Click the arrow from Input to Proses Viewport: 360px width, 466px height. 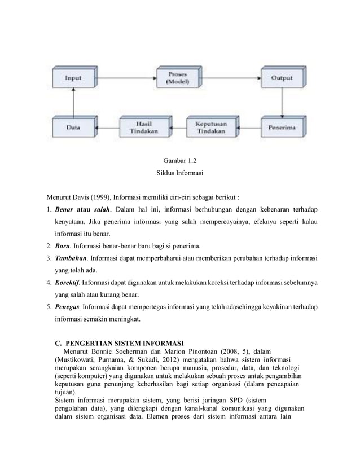(124, 79)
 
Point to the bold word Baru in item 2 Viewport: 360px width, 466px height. (63, 247)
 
